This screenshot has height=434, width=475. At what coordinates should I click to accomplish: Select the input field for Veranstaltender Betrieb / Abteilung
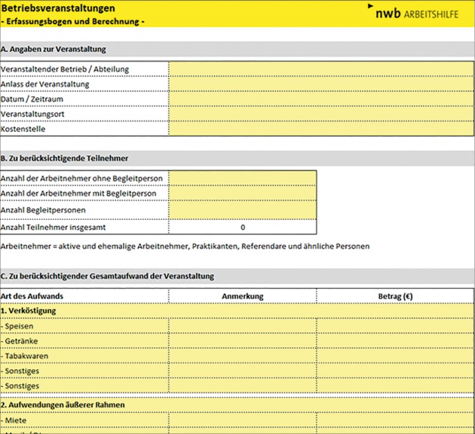click(x=321, y=69)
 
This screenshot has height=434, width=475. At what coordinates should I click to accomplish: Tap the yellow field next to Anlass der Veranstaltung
click(x=321, y=84)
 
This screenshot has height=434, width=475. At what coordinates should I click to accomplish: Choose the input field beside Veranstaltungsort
click(x=321, y=114)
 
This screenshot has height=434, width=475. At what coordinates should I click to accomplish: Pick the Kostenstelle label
click(x=23, y=129)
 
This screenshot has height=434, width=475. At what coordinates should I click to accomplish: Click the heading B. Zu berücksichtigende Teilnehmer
click(x=65, y=158)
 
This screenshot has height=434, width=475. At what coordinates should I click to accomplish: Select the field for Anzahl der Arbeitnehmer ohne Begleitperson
click(x=242, y=179)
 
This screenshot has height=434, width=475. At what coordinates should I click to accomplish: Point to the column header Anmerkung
click(x=242, y=297)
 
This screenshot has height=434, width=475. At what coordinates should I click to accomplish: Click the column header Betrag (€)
click(x=395, y=297)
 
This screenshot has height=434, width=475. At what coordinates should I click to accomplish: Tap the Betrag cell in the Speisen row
click(x=395, y=326)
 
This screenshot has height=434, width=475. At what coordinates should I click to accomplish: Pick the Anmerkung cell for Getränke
click(x=242, y=341)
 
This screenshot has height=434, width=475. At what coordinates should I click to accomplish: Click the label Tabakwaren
click(x=25, y=356)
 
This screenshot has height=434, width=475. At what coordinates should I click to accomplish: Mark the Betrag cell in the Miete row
click(x=395, y=420)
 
